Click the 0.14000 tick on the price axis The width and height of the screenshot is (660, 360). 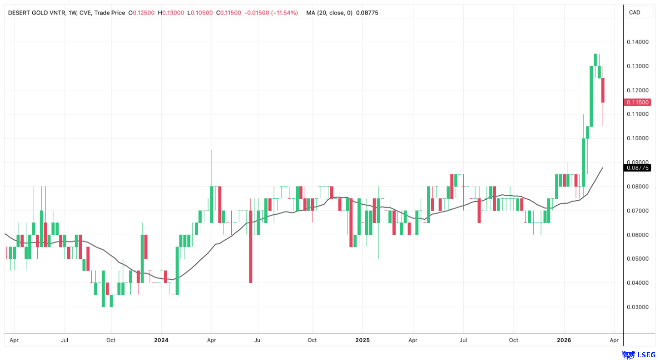pyautogui.click(x=638, y=42)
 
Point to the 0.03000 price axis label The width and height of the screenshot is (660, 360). pyautogui.click(x=638, y=307)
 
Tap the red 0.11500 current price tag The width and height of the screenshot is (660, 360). pyautogui.click(x=638, y=103)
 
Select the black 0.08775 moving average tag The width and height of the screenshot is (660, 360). pyautogui.click(x=638, y=168)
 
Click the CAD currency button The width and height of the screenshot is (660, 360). pyautogui.click(x=635, y=12)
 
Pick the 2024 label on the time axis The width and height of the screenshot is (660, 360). pyautogui.click(x=161, y=340)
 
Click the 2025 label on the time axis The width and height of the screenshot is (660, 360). pyautogui.click(x=362, y=340)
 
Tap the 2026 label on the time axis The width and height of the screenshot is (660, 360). pyautogui.click(x=564, y=340)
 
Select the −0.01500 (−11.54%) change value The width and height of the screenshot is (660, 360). pyautogui.click(x=271, y=13)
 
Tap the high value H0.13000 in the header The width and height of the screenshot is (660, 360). pyautogui.click(x=171, y=13)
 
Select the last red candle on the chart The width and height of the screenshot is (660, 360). pyautogui.click(x=603, y=90)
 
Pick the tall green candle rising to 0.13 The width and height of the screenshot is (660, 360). pyautogui.click(x=591, y=96)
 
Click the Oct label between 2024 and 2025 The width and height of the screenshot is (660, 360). pyautogui.click(x=312, y=340)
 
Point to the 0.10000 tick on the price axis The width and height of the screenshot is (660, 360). pyautogui.click(x=638, y=138)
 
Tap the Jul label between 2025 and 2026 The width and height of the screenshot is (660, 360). pyautogui.click(x=463, y=340)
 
